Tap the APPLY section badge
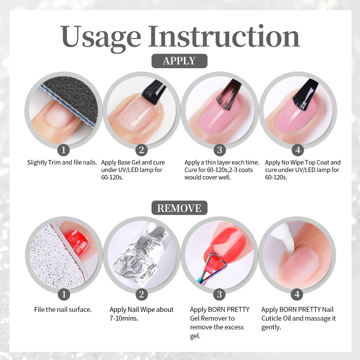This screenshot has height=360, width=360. coord(179,61)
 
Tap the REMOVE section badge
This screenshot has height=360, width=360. coord(179,208)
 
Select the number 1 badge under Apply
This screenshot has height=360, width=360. coord(64,150)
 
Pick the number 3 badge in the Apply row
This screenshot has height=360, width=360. coord(219,150)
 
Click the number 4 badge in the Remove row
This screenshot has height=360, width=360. coord(297,294)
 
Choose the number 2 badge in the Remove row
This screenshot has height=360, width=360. coord(141,294)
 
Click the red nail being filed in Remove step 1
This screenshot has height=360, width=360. coord(76,242)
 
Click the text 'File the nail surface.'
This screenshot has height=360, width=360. coord(63,309)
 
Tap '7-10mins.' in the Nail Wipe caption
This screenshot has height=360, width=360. coord(124,318)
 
